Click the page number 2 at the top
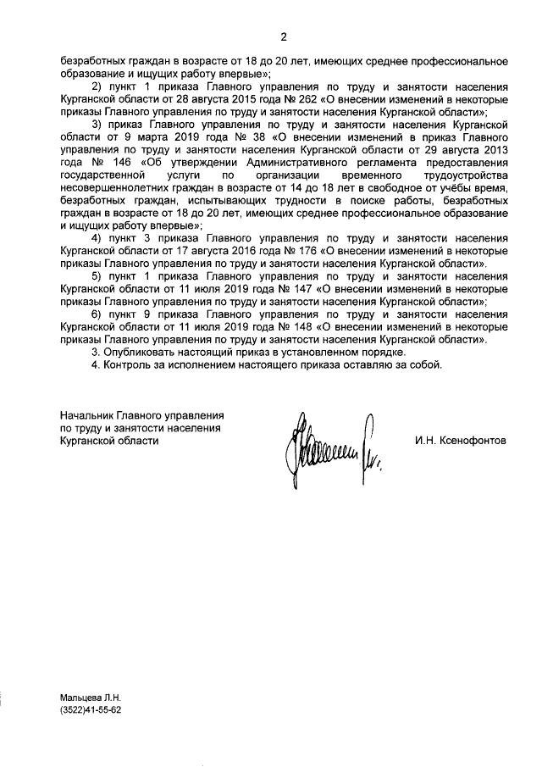pyautogui.click(x=284, y=36)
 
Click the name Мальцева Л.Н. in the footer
pyautogui.click(x=91, y=698)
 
